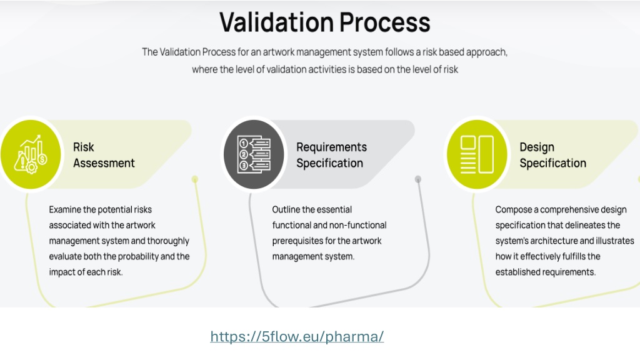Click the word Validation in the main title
(277, 22)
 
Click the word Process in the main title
(385, 22)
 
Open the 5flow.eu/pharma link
(297, 336)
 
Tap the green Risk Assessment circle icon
(31, 154)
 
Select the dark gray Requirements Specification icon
(254, 154)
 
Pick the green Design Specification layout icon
(477, 154)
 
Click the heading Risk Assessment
(104, 155)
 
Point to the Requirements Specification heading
(331, 155)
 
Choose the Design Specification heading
(552, 155)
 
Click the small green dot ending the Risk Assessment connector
(195, 179)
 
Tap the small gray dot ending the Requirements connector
(418, 179)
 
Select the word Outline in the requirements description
(285, 210)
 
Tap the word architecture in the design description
(554, 241)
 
